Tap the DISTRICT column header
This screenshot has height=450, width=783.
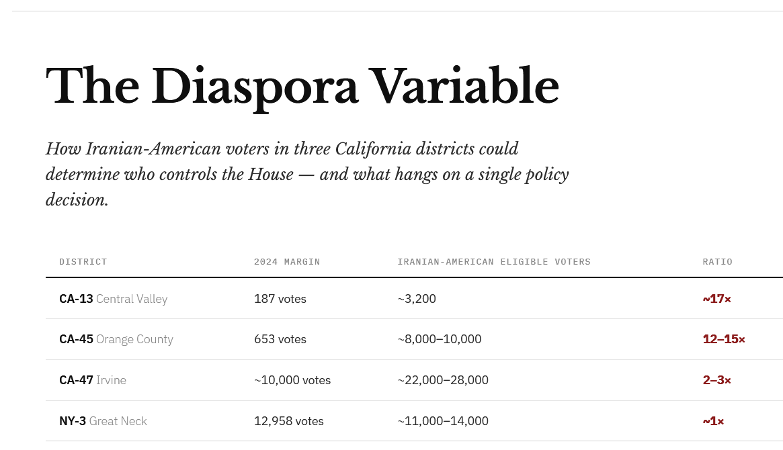(x=83, y=262)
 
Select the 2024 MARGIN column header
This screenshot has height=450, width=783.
(x=287, y=262)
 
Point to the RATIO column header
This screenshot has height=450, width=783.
(x=717, y=262)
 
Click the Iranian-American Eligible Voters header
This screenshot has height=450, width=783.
(x=494, y=262)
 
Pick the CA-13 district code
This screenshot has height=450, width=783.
(x=76, y=299)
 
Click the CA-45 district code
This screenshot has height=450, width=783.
(x=76, y=339)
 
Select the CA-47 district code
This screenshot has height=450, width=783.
(x=76, y=380)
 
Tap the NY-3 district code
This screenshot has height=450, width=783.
(x=73, y=421)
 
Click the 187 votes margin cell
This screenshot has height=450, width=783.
(x=280, y=299)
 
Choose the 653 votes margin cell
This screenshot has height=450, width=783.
(x=280, y=339)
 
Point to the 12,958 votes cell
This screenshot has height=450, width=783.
(x=289, y=421)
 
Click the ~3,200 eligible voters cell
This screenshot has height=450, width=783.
(x=417, y=299)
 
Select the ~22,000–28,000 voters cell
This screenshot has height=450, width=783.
(x=443, y=380)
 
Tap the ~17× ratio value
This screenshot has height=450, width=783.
(x=716, y=299)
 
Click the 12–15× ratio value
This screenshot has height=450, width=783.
(x=724, y=339)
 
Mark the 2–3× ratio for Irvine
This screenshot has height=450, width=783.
(x=716, y=380)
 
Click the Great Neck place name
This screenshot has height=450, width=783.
(x=118, y=421)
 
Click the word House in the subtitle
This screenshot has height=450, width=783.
(x=271, y=175)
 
